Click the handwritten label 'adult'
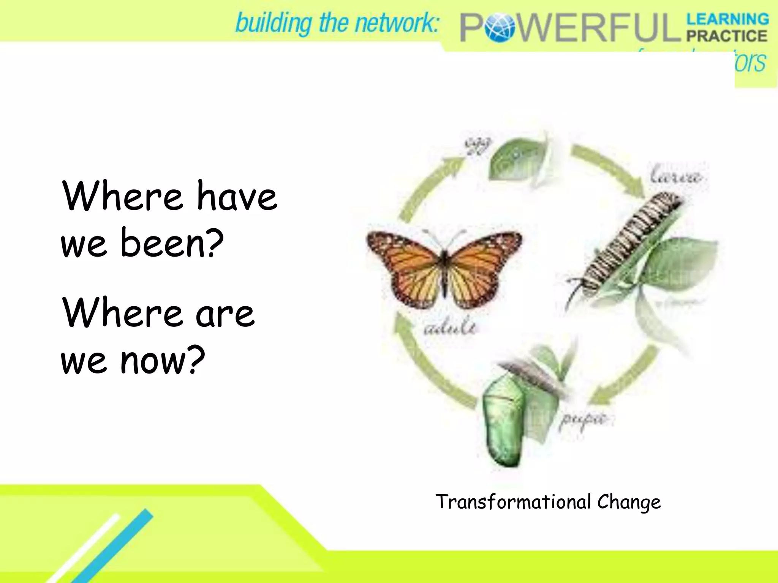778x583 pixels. point(450,327)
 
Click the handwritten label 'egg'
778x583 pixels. point(478,145)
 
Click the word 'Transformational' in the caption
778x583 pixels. point(513,502)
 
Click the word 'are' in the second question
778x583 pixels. point(225,314)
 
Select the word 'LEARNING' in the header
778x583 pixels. point(727,19)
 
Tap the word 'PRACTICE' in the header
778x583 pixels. point(727,36)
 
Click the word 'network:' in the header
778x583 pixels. point(397,23)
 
